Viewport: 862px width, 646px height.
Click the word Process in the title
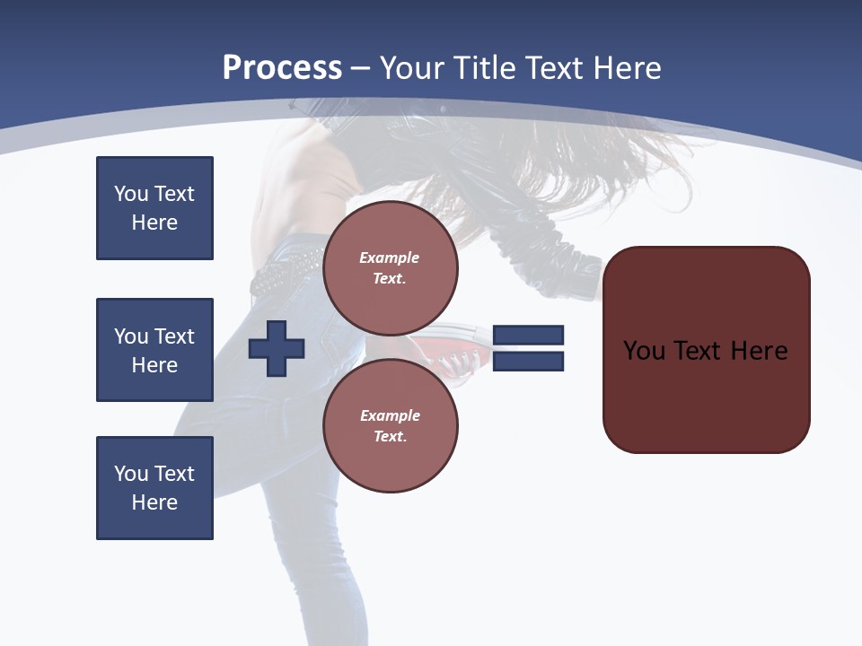[282, 68]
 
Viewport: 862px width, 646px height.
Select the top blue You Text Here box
[154, 208]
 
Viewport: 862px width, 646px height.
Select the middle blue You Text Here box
[154, 350]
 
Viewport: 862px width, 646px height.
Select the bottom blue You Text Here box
[154, 488]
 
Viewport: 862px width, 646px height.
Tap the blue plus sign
[277, 348]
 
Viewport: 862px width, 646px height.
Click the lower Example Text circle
[391, 425]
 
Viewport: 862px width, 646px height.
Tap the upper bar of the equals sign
[528, 335]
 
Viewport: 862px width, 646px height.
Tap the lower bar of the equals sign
[528, 362]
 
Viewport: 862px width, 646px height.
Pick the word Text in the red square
[699, 351]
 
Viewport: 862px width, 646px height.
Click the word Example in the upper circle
[390, 258]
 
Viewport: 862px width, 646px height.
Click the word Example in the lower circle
[390, 415]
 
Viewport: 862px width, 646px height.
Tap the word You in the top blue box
[131, 194]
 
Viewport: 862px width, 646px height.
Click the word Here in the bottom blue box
[154, 502]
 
